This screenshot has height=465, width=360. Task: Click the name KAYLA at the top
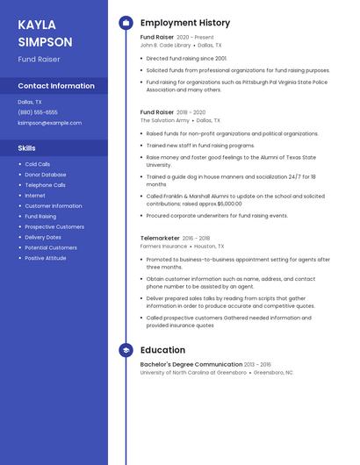click(x=37, y=25)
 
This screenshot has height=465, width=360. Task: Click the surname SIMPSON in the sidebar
click(x=45, y=41)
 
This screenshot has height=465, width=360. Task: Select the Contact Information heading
click(x=56, y=86)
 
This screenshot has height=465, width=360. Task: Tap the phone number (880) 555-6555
click(x=38, y=112)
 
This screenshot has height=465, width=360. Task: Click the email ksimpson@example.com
click(x=49, y=123)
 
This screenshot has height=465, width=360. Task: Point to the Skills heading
click(x=27, y=148)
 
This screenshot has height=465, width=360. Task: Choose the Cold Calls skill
click(x=38, y=164)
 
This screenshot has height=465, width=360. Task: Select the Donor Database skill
click(x=45, y=175)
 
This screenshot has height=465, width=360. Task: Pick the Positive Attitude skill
click(x=46, y=258)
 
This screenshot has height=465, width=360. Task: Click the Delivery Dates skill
click(x=43, y=237)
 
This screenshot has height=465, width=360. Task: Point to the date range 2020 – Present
click(x=195, y=38)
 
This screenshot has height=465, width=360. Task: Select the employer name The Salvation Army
click(x=164, y=120)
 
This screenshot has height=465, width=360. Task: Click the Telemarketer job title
click(x=159, y=238)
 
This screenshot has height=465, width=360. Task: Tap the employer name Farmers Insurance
click(x=163, y=247)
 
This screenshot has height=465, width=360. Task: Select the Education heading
click(x=162, y=350)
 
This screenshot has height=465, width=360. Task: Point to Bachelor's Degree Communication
click(x=191, y=364)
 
